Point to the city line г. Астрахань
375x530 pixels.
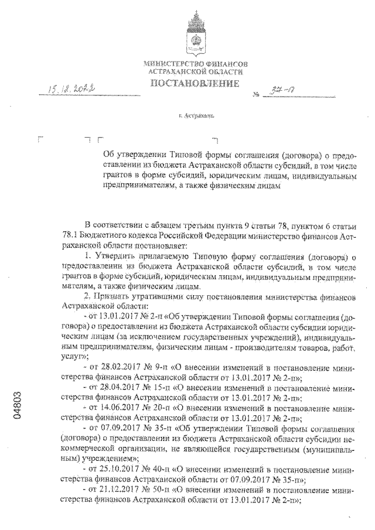[x=196, y=116]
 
